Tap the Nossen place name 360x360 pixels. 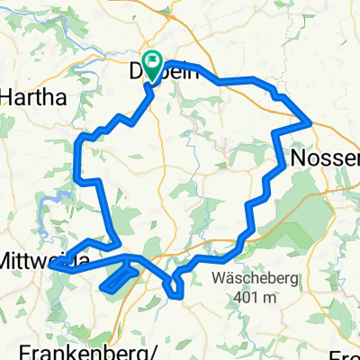point(325,157)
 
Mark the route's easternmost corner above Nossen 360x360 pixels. point(310,120)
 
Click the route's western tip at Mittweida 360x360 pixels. point(52,265)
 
